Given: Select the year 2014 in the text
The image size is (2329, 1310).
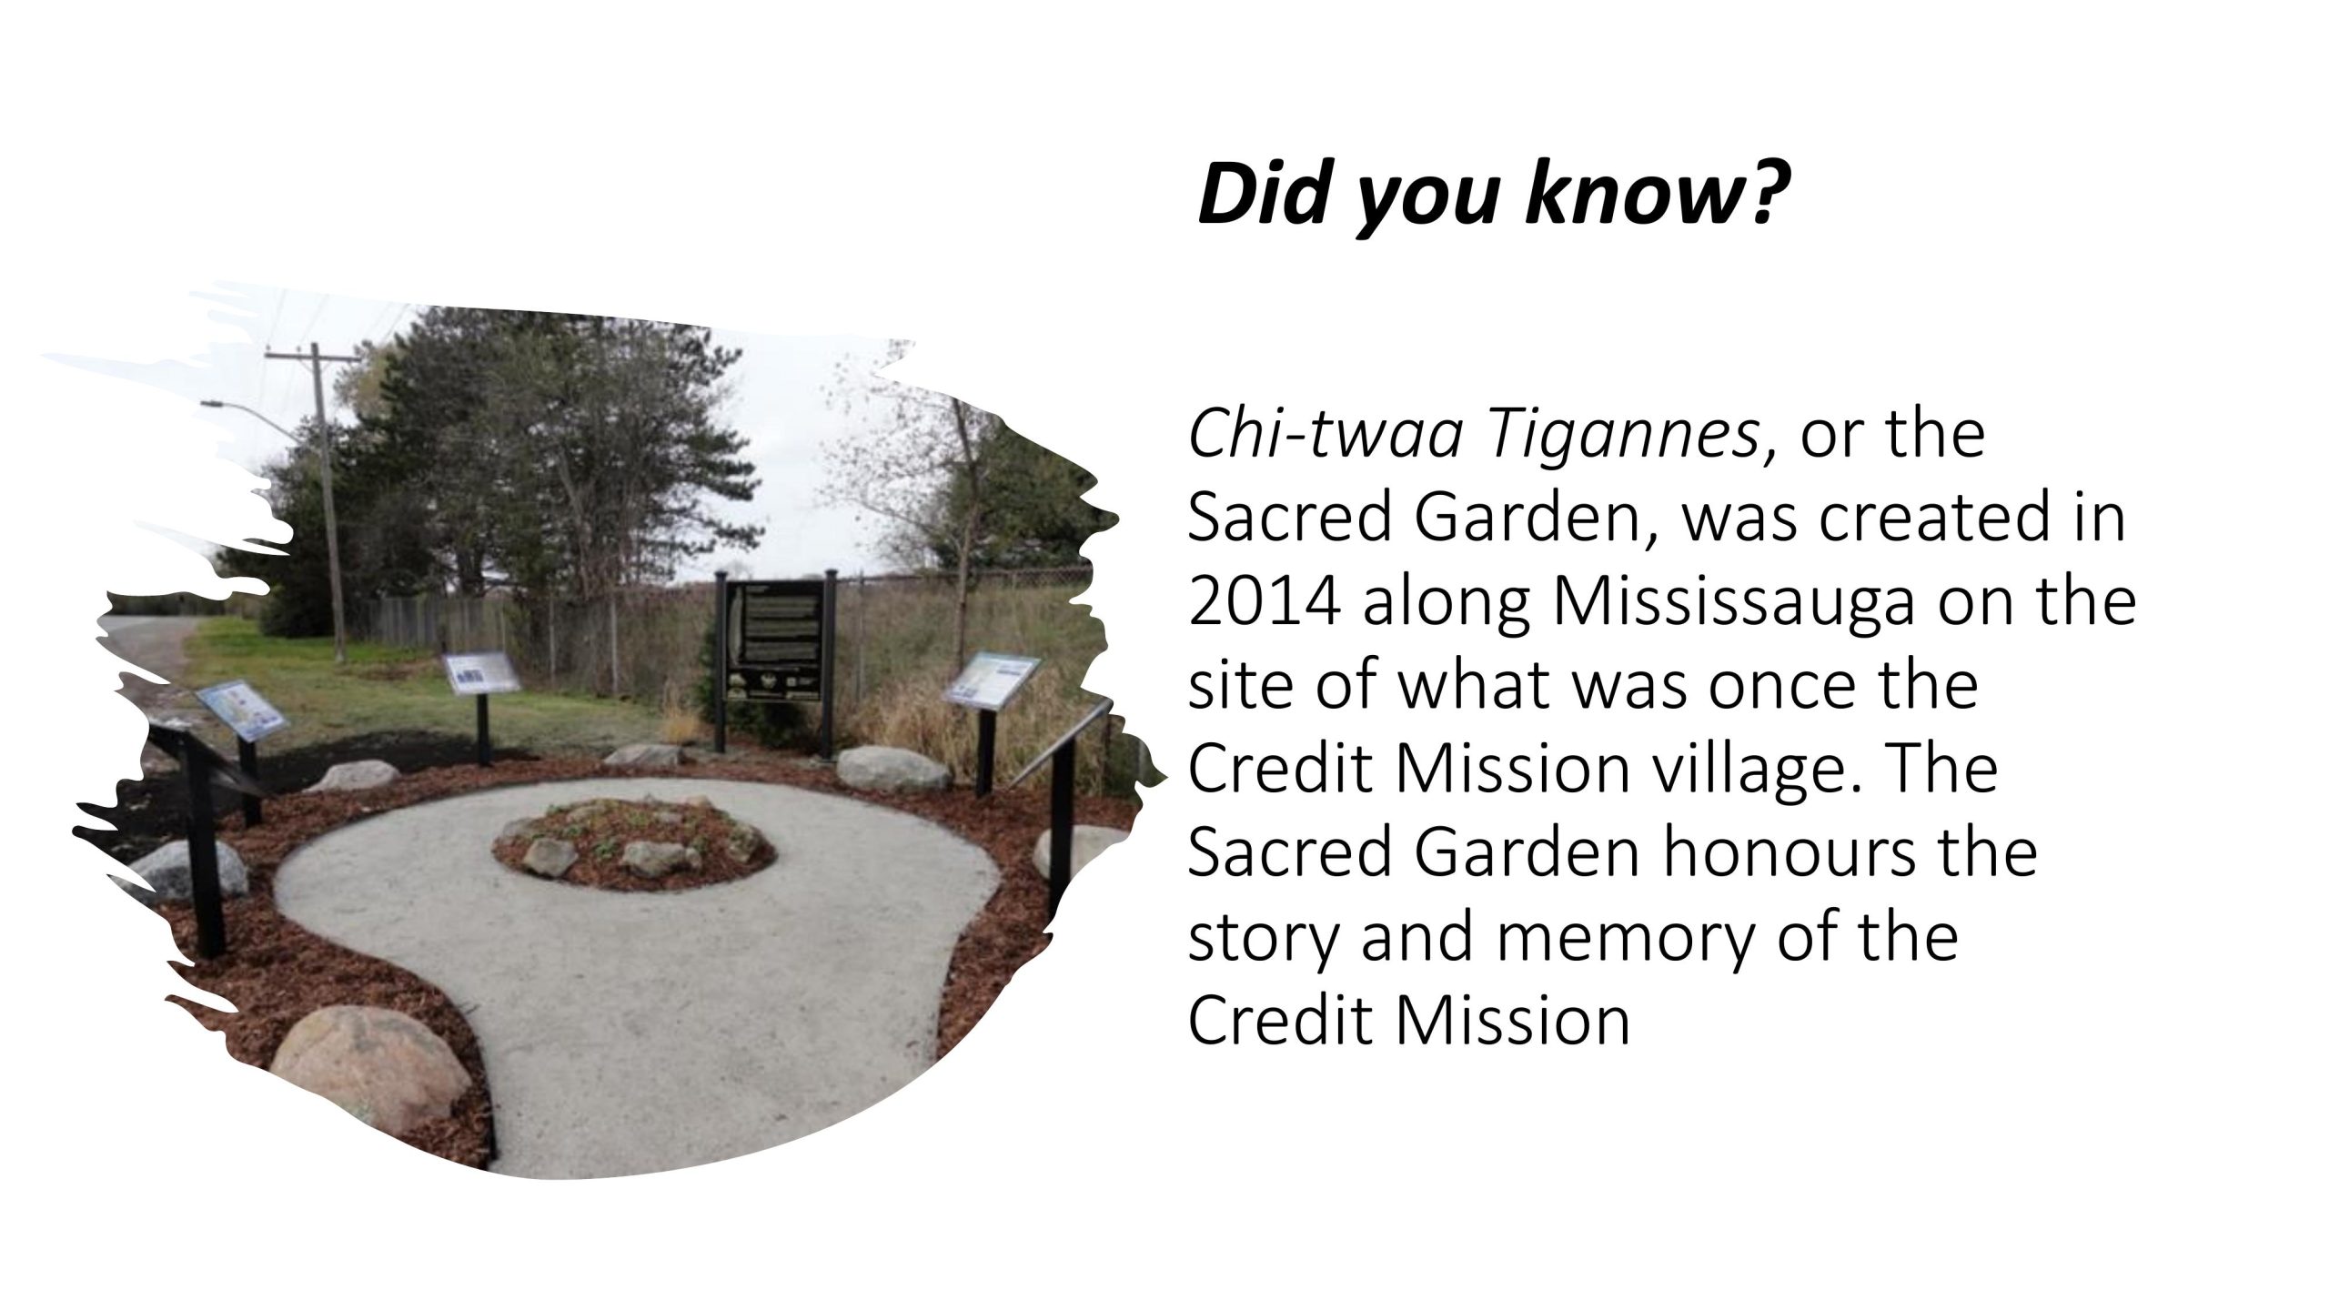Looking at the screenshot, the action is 1264,602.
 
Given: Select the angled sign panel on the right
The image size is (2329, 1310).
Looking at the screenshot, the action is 992,678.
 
